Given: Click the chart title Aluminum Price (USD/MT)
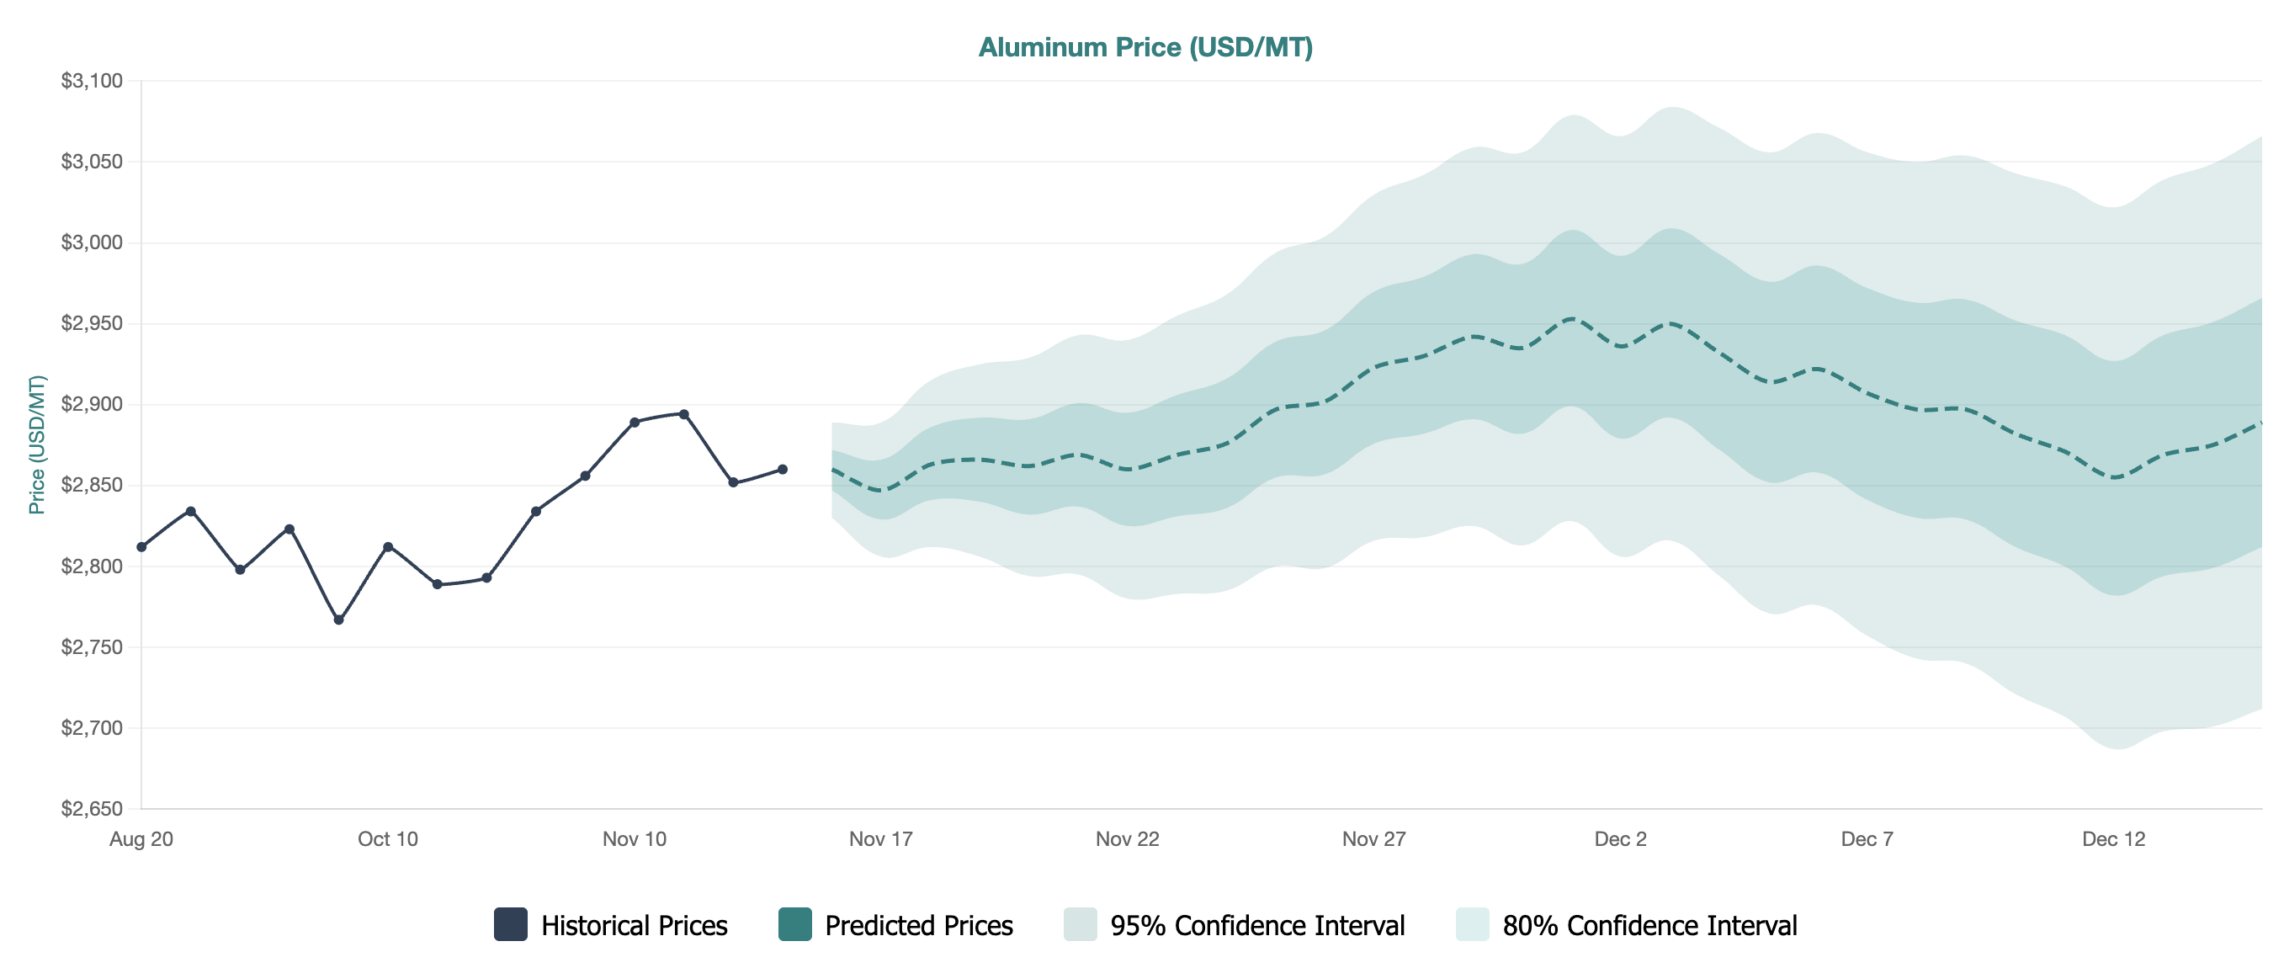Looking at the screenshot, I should pos(1145,47).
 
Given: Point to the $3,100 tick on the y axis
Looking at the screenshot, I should pos(92,81).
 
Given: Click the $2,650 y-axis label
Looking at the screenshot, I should pos(92,808).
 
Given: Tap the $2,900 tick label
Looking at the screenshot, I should pos(92,404).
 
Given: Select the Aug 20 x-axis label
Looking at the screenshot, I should pos(141,838).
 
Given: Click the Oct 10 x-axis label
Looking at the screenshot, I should pos(387,838).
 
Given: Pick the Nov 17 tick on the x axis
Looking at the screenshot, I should pos(880,838).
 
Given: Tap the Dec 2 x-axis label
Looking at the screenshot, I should pos(1620,838).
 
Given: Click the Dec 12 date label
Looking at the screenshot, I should pos(2113,838).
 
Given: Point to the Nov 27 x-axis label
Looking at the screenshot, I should pos(1373,838).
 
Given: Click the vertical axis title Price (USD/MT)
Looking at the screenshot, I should pos(36,444).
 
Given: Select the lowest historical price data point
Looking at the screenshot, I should pos(338,620).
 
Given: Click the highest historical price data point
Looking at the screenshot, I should pos(683,414).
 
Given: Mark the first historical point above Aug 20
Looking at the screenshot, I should pos(142,547).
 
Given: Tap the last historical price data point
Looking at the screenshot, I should pos(782,470).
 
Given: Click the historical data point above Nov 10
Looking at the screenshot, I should pos(634,423).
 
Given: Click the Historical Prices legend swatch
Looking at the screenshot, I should pos(511,924).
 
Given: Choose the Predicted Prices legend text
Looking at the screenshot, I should pos(919,925).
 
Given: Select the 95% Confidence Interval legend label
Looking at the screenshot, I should pos(1257,925).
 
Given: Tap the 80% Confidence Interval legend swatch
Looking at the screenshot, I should pos(1472,924).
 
